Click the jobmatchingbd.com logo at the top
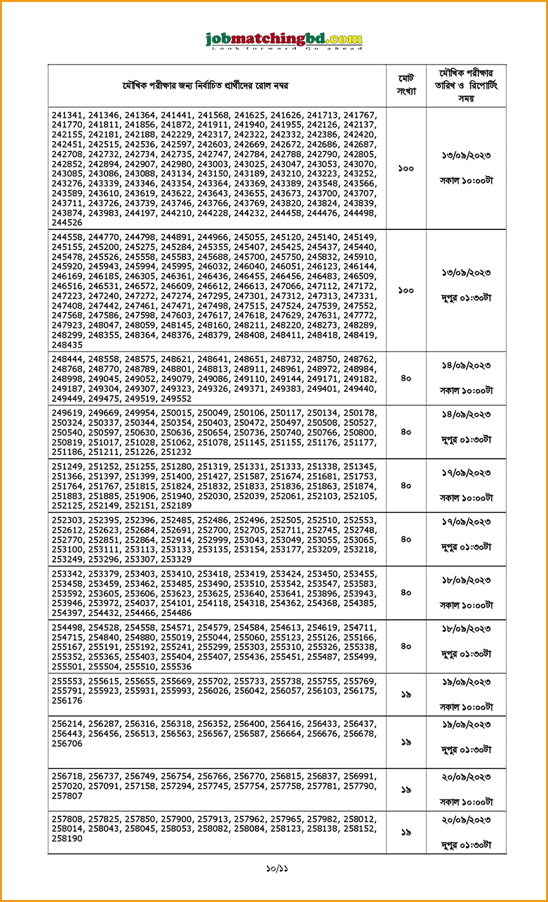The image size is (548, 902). tap(284, 40)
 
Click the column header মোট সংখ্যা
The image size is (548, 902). tap(406, 85)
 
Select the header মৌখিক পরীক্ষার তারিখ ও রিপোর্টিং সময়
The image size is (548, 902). tap(465, 85)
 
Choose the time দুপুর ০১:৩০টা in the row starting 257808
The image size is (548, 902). tap(465, 843)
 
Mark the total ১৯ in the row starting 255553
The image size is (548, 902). tap(406, 695)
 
